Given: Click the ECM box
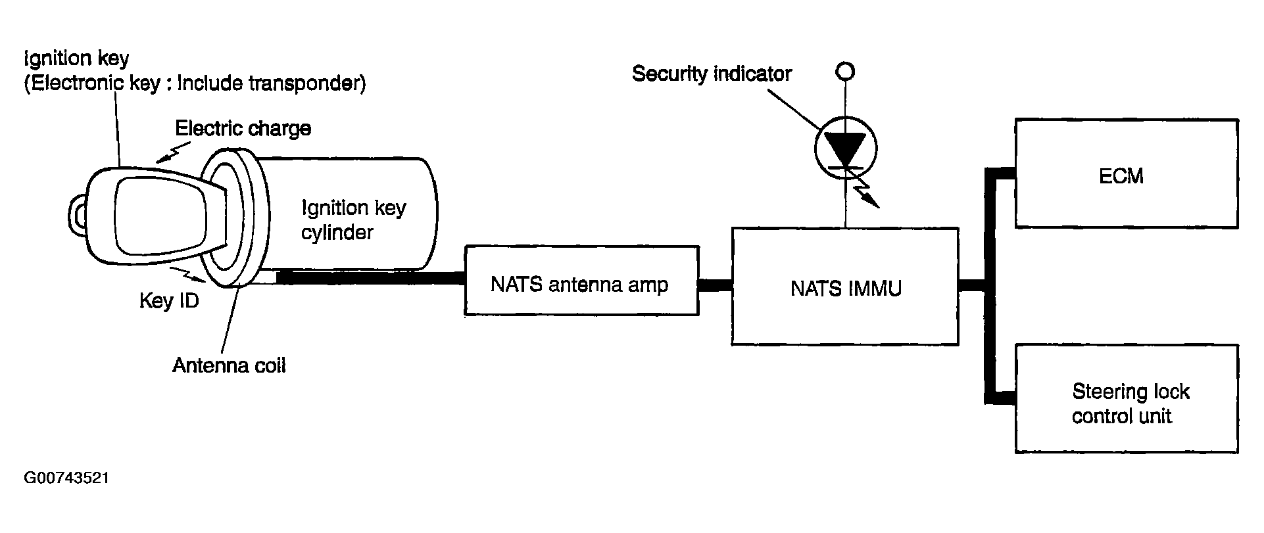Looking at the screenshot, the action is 1127,174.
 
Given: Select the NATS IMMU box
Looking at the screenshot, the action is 845,287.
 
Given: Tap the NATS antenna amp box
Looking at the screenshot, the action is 581,281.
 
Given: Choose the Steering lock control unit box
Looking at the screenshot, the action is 1127,398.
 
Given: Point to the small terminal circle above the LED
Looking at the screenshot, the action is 846,71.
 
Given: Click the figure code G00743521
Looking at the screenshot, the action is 66,478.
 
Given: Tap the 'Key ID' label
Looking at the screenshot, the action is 169,301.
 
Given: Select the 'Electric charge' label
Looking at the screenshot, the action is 243,127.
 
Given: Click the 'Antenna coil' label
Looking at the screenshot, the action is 229,365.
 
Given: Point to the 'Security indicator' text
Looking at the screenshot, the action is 712,74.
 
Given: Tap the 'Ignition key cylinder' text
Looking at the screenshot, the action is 353,220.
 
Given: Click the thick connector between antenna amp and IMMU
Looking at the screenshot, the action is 715,285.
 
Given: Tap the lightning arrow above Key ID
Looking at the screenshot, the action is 187,274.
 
